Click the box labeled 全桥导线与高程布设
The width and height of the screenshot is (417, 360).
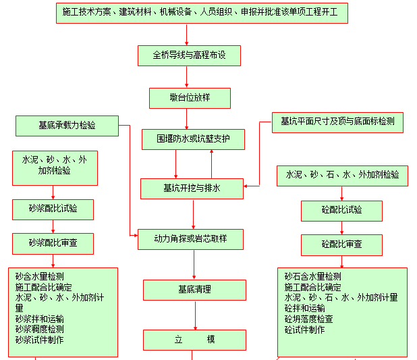click(x=189, y=55)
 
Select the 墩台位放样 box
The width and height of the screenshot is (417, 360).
click(x=190, y=98)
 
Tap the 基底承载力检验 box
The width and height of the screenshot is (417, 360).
click(x=67, y=126)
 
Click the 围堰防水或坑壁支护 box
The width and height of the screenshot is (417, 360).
click(x=193, y=140)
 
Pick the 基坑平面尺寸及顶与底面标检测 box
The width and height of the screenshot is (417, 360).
click(x=337, y=122)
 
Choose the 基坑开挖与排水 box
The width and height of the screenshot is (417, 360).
click(x=192, y=188)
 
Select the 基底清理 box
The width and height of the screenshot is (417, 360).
click(x=194, y=290)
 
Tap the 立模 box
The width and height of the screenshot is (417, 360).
click(x=194, y=339)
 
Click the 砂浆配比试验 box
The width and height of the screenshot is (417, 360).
click(x=53, y=209)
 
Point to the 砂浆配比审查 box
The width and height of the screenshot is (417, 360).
click(x=53, y=243)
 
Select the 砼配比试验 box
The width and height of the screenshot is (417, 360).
click(x=341, y=210)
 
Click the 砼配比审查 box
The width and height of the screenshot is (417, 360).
click(x=341, y=244)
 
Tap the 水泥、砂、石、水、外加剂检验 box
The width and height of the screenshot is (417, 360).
click(x=342, y=175)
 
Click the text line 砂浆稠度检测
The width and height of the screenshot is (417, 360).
click(x=40, y=330)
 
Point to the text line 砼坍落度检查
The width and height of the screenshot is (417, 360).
click(x=308, y=319)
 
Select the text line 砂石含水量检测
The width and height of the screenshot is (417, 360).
click(x=312, y=276)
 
